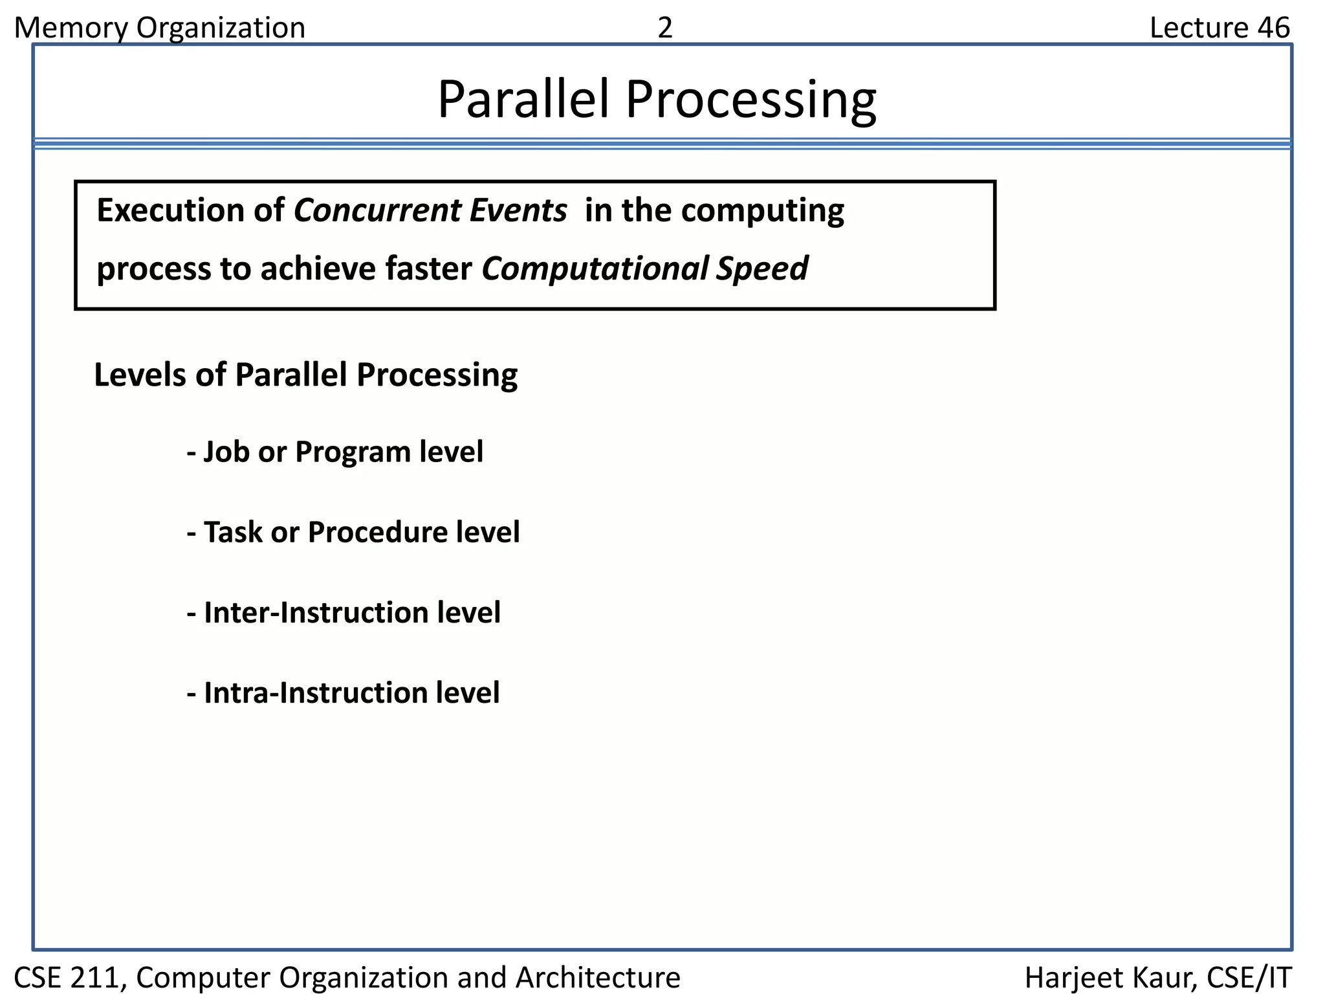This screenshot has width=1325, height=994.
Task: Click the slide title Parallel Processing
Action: pyautogui.click(x=657, y=100)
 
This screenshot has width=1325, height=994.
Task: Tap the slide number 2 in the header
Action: pyautogui.click(x=664, y=28)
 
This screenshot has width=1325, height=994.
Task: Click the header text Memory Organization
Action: pyautogui.click(x=159, y=28)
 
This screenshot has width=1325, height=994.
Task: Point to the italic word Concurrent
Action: pyautogui.click(x=377, y=211)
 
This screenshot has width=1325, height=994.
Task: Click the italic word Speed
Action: pyautogui.click(x=761, y=269)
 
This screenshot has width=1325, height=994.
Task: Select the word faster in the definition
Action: pyautogui.click(x=429, y=269)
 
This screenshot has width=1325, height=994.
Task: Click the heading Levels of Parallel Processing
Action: pyautogui.click(x=305, y=375)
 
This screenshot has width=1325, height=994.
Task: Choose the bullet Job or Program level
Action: pyautogui.click(x=335, y=452)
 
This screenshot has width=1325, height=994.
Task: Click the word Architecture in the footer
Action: pyautogui.click(x=598, y=977)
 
